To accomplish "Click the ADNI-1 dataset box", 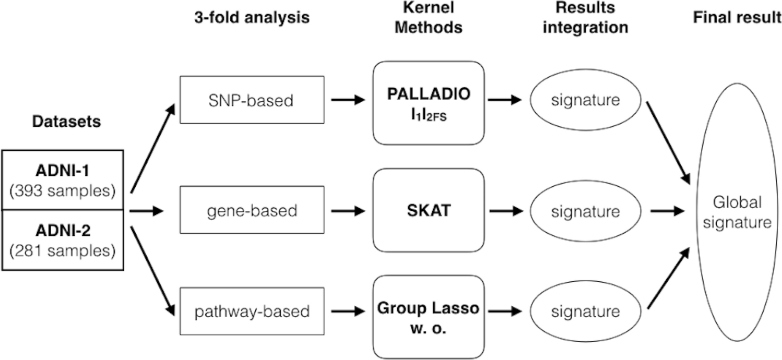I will (62, 180).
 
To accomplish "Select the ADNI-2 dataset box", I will (62, 240).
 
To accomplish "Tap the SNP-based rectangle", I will (251, 100).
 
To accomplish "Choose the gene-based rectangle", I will (251, 211).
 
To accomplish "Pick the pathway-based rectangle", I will (251, 311).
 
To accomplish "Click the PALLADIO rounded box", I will (429, 103).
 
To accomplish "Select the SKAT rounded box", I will (429, 211).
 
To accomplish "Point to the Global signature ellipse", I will (736, 211).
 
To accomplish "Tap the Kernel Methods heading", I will (428, 17).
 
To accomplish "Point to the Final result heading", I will (737, 17).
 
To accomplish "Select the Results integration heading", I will (585, 17).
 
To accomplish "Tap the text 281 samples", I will (62, 251).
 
